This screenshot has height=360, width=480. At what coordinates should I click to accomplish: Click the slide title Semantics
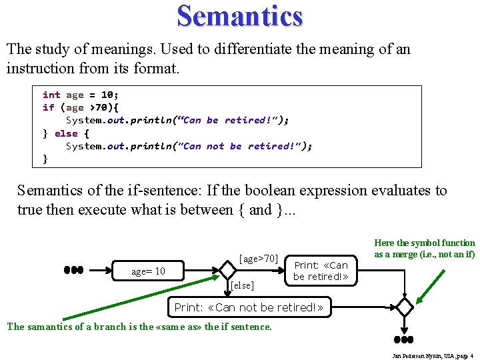(x=240, y=15)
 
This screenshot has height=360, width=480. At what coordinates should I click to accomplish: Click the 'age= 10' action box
(x=148, y=271)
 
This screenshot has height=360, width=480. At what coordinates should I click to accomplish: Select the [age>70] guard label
(x=258, y=258)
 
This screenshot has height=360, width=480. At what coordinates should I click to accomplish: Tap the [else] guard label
(x=241, y=286)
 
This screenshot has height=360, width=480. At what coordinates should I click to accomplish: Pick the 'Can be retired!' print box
(x=321, y=271)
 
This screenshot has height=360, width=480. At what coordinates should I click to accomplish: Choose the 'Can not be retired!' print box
(x=248, y=307)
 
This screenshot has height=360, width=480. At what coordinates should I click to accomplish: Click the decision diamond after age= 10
(x=228, y=270)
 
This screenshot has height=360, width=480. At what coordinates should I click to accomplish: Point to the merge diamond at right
(x=404, y=307)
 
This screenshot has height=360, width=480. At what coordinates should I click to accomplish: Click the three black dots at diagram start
(x=73, y=270)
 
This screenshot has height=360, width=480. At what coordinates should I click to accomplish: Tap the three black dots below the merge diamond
(x=404, y=340)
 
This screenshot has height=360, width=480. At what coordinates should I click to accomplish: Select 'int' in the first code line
(x=51, y=95)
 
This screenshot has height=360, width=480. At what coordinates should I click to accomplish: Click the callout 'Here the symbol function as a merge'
(x=425, y=249)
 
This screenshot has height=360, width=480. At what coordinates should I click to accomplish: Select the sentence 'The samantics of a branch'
(x=139, y=327)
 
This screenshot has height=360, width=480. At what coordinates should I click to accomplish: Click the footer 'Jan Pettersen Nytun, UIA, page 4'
(x=433, y=355)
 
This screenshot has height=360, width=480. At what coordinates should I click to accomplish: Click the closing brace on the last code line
(x=45, y=158)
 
